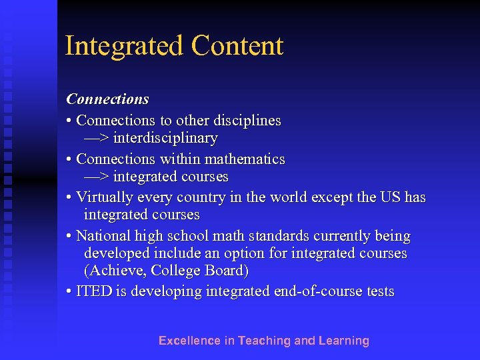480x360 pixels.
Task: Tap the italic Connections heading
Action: (x=107, y=99)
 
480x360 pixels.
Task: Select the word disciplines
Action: (x=247, y=121)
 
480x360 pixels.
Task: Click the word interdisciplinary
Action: (x=165, y=139)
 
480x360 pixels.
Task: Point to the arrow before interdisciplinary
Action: (x=97, y=139)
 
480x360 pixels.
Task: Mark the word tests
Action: (x=379, y=292)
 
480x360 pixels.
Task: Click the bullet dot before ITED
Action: (x=69, y=292)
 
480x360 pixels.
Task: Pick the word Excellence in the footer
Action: (x=189, y=341)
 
